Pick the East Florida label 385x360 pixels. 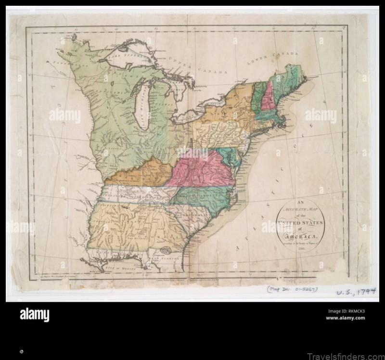click(156, 259)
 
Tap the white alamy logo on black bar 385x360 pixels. click(34, 315)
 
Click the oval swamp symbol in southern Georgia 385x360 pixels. click(166, 250)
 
